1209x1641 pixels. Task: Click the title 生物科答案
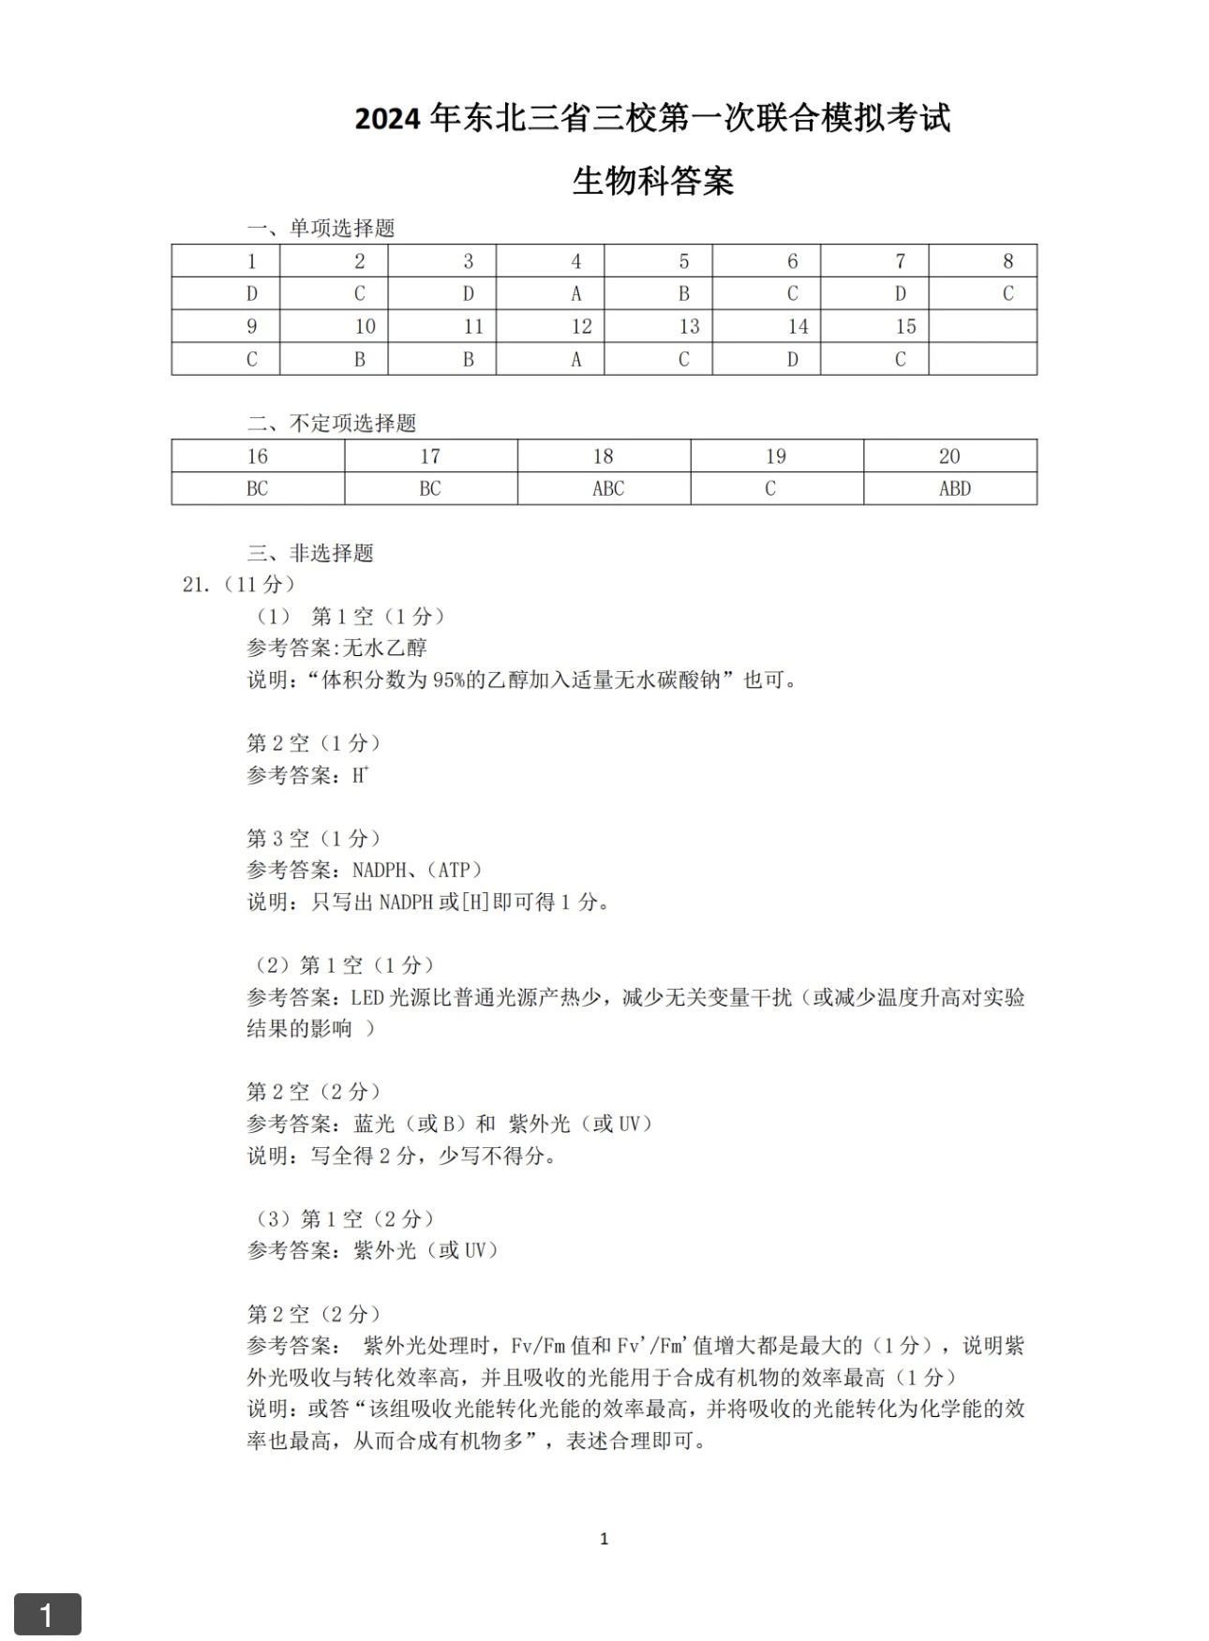(x=652, y=181)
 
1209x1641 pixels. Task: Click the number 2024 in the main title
(x=389, y=120)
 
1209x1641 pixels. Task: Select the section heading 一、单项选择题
(x=321, y=228)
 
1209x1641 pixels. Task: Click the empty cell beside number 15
(x=982, y=326)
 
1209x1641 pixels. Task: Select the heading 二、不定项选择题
(x=332, y=424)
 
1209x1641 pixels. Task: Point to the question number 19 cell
(x=776, y=456)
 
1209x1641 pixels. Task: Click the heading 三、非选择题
(x=310, y=553)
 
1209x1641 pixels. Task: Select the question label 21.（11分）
(x=239, y=585)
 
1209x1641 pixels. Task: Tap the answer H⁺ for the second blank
(x=360, y=775)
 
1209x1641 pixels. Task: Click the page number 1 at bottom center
(x=604, y=1538)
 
